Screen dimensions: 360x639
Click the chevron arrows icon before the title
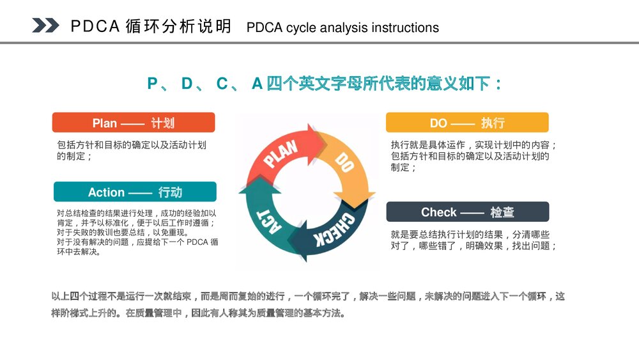[x=45, y=25]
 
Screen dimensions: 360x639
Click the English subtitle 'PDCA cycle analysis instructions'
[x=343, y=27]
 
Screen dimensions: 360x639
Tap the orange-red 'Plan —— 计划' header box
[x=134, y=123]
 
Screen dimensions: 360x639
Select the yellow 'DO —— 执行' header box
[x=466, y=123]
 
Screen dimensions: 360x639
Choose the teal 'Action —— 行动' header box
[x=135, y=192]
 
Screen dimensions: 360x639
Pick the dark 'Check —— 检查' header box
[x=467, y=212]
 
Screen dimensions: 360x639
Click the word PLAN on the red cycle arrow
[x=282, y=154]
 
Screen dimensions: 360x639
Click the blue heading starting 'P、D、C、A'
[x=325, y=84]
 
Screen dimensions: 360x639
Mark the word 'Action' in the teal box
[x=106, y=192]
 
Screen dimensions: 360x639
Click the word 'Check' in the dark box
[x=438, y=212]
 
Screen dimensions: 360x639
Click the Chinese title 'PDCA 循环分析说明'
[x=151, y=27]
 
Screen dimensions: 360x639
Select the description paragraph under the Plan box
[x=132, y=150]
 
